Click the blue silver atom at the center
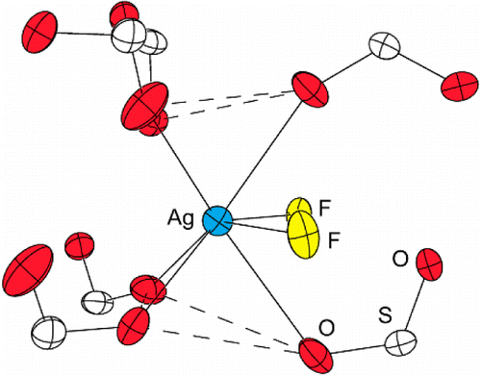(x=217, y=220)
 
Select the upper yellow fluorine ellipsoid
(x=299, y=210)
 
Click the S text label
(x=382, y=313)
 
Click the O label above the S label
(x=400, y=258)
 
